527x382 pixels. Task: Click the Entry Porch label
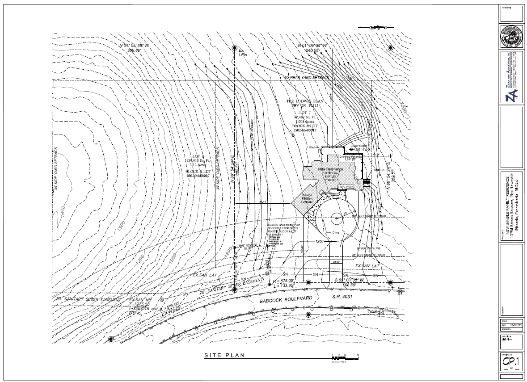pyautogui.click(x=346, y=187)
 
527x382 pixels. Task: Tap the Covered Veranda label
pyautogui.click(x=350, y=157)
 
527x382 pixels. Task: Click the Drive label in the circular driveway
pyautogui.click(x=336, y=233)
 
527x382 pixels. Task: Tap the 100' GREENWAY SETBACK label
pyautogui.click(x=369, y=216)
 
